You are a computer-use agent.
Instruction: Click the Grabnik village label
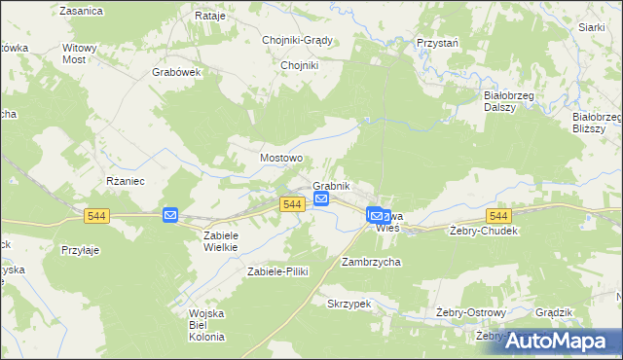click(331, 186)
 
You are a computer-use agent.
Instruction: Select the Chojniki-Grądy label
click(298, 40)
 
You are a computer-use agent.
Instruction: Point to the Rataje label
click(210, 17)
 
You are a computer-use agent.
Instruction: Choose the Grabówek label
click(176, 72)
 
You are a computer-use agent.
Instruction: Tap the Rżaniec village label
click(125, 181)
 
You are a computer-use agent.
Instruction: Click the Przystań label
click(438, 44)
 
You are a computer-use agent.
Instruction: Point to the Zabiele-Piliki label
click(277, 271)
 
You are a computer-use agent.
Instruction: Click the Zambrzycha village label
click(371, 262)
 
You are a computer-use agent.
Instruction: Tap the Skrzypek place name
click(349, 304)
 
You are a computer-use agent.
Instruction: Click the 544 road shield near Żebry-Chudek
click(499, 215)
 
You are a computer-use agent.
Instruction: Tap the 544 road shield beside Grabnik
click(291, 203)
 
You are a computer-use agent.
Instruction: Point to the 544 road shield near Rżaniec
click(96, 215)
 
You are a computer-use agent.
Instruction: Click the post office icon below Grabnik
click(322, 200)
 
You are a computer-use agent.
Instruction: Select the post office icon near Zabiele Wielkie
click(170, 215)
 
